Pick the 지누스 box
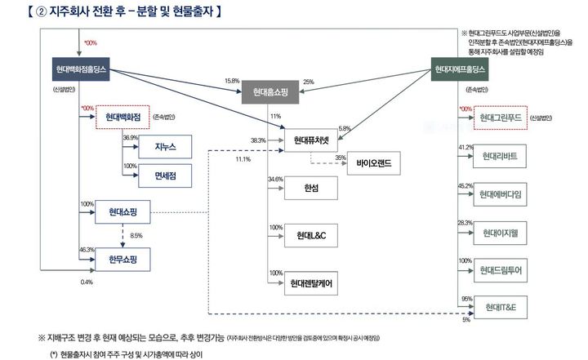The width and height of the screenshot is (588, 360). (x=165, y=147)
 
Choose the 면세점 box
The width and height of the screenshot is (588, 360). (x=165, y=175)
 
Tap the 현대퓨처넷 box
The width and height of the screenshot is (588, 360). (x=310, y=140)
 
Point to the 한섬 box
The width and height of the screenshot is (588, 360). (x=310, y=189)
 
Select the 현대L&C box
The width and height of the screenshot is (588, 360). (x=310, y=237)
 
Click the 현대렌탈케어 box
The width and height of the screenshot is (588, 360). (x=310, y=284)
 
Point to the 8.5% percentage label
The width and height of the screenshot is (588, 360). (x=136, y=236)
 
